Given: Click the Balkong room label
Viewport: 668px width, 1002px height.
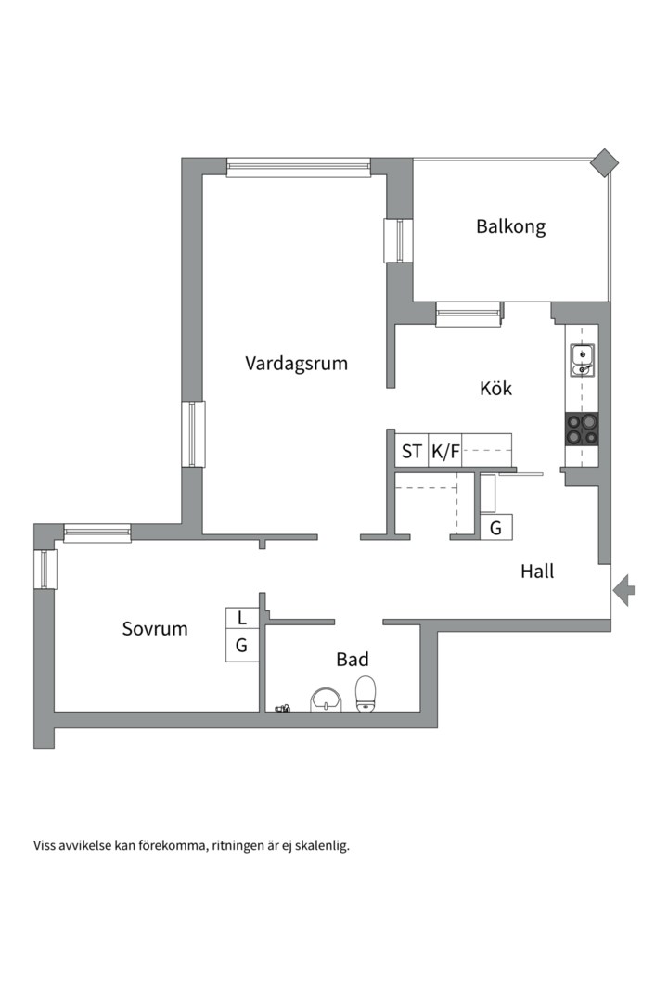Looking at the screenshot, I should (x=510, y=226).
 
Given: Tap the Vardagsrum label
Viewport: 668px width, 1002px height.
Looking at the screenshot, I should (x=296, y=363).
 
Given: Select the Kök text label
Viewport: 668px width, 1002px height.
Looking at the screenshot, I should (x=496, y=388).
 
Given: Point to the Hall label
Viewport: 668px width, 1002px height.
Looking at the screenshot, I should (x=536, y=572).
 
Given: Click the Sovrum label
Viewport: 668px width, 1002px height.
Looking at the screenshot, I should (x=155, y=629).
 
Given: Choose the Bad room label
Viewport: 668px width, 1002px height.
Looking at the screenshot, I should (x=352, y=660).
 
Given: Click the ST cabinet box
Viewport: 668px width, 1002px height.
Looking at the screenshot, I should (x=411, y=452).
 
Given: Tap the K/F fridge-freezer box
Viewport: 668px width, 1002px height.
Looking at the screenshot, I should (x=445, y=452).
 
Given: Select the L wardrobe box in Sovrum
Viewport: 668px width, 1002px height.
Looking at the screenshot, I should (x=241, y=618).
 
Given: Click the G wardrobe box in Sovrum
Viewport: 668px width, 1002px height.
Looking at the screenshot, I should (x=241, y=646).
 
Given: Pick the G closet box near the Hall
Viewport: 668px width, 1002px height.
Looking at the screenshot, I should (x=495, y=528).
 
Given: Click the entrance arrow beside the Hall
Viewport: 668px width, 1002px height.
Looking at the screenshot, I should (x=623, y=589).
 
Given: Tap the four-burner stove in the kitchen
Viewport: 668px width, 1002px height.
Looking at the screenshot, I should (x=583, y=430).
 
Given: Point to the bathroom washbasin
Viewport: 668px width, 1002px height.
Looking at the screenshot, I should (x=325, y=700).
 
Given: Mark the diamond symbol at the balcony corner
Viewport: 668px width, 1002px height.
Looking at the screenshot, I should (x=605, y=162).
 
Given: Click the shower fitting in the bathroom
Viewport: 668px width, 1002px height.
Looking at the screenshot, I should (x=282, y=709).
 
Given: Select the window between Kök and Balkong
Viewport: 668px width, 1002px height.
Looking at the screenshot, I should (x=469, y=315).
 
